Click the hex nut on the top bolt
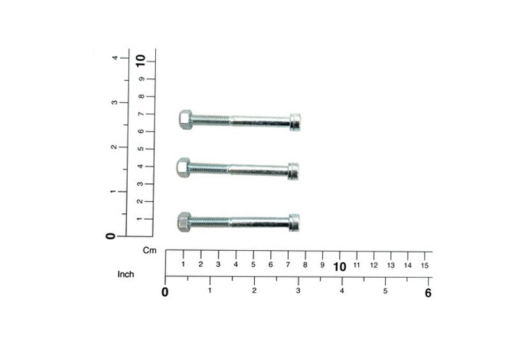click(185, 119)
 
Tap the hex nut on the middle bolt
click(183, 168)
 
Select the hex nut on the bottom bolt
click(184, 222)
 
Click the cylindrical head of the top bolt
click(296, 123)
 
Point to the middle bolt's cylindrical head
click(293, 171)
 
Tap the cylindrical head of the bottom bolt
click(294, 223)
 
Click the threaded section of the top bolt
click(211, 121)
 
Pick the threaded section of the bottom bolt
click(210, 222)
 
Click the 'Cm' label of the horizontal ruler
click(149, 250)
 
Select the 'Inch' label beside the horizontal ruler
click(126, 274)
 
